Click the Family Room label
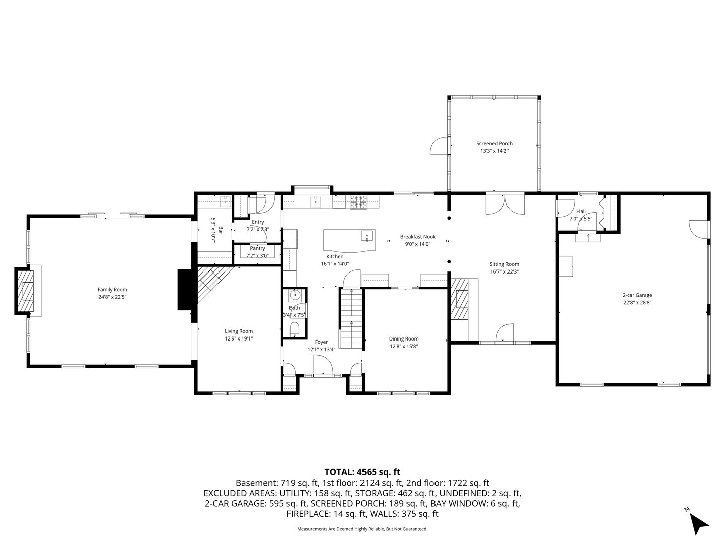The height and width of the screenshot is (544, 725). point(112,289)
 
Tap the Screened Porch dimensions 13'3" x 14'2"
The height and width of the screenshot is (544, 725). point(494,151)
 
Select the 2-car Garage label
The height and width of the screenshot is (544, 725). point(637,295)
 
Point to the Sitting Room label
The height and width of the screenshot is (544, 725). point(504,264)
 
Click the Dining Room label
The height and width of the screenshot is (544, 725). point(403,338)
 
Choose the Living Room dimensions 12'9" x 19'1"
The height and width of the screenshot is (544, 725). point(239,338)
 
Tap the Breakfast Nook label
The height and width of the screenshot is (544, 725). point(417,237)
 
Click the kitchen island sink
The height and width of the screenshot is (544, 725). point(367,236)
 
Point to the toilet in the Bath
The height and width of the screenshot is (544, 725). point(294,329)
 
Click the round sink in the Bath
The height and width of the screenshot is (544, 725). point(294,295)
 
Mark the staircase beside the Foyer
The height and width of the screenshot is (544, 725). point(351,318)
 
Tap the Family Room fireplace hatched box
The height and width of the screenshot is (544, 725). point(26,291)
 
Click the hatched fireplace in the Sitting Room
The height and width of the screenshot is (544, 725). point(460,299)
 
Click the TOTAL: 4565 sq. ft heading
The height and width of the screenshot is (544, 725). point(362,472)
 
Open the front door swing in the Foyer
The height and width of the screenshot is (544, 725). point(323,365)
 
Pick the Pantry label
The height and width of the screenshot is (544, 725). point(257,248)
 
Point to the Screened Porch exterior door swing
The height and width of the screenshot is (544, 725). point(439,146)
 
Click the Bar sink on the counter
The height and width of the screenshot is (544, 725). point(225,201)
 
